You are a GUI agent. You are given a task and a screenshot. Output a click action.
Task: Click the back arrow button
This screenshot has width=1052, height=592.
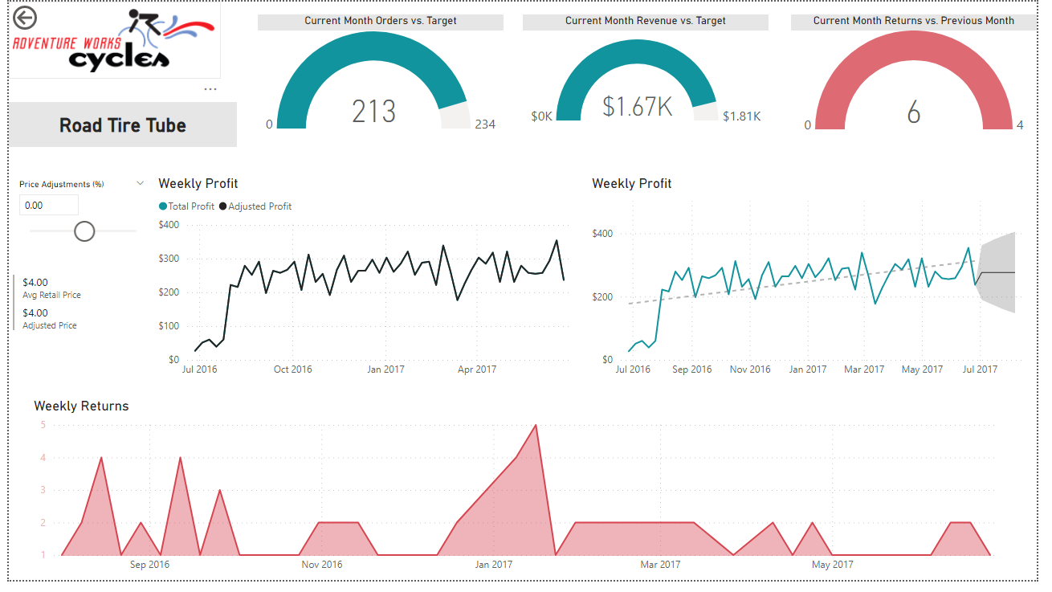[25, 17]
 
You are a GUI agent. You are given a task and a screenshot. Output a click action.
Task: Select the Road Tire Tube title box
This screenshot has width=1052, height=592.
[123, 125]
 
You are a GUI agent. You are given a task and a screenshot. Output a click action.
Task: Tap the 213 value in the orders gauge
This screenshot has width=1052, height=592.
[374, 112]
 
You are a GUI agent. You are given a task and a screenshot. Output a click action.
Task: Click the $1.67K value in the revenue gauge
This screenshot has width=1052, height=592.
[637, 106]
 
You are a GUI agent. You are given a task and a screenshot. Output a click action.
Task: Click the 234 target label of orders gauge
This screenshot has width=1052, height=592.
[485, 125]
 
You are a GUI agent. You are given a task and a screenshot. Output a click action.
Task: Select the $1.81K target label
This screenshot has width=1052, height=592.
[741, 116]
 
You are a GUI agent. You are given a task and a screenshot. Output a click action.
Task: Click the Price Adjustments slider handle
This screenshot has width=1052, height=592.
[84, 231]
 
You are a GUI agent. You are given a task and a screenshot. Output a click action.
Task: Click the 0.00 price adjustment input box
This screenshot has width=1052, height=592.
[49, 206]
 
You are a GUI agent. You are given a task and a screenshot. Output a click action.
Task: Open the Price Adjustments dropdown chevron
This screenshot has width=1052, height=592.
[141, 184]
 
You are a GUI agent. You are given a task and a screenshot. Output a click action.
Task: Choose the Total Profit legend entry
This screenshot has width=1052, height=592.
[187, 206]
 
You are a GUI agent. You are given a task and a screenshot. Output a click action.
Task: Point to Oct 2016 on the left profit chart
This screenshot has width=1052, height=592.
[292, 369]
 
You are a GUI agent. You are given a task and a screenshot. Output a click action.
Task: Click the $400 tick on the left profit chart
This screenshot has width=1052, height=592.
[169, 225]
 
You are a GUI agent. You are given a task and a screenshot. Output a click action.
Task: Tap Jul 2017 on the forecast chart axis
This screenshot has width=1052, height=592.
[980, 369]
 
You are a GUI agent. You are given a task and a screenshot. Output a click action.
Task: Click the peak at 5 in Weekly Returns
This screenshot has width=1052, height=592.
[536, 425]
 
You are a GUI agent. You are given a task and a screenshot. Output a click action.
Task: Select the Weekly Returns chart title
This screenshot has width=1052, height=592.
[81, 406]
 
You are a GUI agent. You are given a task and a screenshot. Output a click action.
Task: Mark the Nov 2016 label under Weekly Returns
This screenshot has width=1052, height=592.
[322, 565]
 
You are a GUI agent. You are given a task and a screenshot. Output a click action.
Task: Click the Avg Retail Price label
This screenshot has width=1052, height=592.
[52, 296]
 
